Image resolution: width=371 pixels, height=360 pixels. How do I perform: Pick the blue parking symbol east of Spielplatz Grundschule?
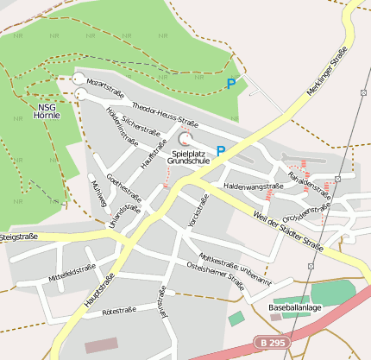click(221, 150)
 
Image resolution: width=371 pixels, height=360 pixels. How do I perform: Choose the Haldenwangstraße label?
click(253, 186)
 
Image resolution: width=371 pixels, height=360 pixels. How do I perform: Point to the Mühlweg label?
click(99, 196)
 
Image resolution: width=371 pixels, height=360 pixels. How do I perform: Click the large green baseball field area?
click(331, 293)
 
